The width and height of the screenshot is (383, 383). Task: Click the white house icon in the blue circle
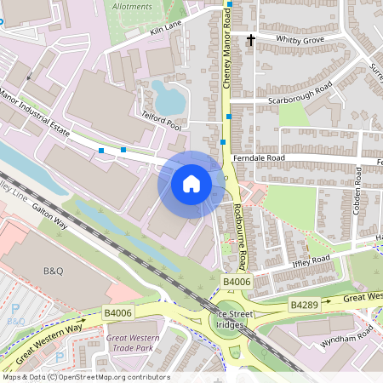pyautogui.click(x=191, y=184)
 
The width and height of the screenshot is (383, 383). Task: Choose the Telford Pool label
pyautogui.click(x=162, y=123)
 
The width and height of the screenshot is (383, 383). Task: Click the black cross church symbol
pyautogui.click(x=251, y=39)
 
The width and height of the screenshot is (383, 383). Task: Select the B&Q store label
pyautogui.click(x=54, y=271)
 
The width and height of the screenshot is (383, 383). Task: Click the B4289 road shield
pyautogui.click(x=304, y=304)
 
